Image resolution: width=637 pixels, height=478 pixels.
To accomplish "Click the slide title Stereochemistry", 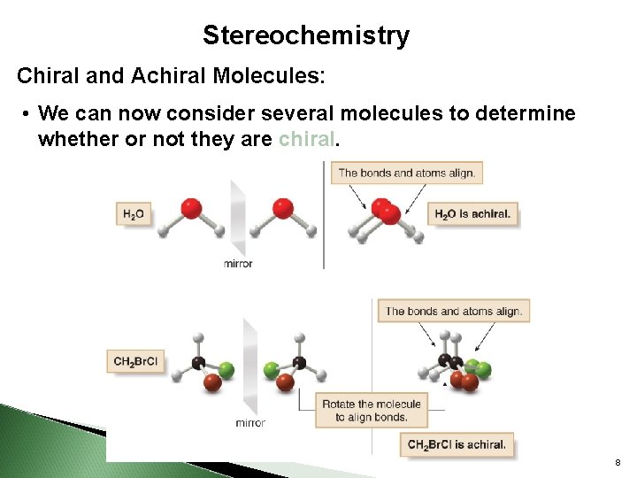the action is (x=306, y=35).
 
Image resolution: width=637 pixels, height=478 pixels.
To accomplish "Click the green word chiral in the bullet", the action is (x=307, y=139).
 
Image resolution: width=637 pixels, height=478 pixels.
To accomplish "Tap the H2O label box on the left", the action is (x=134, y=213).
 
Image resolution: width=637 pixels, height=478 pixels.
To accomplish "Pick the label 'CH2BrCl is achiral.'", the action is (x=457, y=444).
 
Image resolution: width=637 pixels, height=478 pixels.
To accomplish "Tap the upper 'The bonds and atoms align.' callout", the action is (x=406, y=173).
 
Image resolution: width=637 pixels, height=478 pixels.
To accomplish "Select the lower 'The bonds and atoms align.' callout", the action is (x=454, y=311).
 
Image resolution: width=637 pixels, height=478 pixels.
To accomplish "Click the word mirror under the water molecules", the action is (x=238, y=263).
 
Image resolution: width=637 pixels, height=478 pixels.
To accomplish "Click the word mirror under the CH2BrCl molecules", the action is (x=250, y=422).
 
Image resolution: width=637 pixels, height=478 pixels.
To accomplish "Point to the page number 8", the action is (x=616, y=462).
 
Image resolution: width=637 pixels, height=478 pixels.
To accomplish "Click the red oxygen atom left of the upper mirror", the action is (x=191, y=209).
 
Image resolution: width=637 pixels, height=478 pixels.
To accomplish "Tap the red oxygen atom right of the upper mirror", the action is (x=282, y=209).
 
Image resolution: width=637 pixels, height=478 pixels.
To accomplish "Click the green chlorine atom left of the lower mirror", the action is (x=226, y=369).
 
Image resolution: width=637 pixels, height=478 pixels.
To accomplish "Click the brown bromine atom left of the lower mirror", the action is (x=212, y=382).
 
